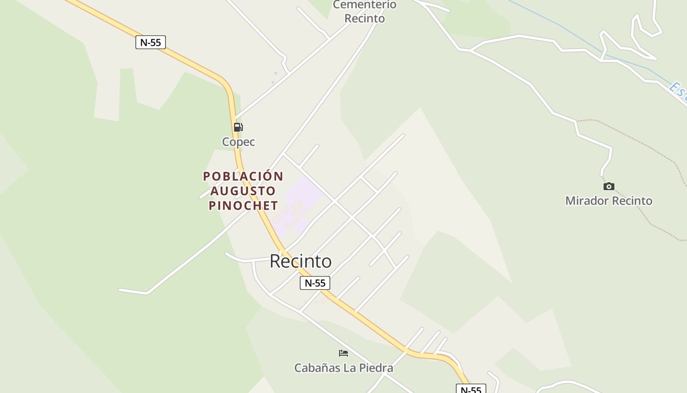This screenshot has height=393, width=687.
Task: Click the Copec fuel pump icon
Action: (x=238, y=127)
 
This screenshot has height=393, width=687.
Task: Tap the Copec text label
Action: (x=238, y=142)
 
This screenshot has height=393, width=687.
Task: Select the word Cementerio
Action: (x=365, y=5)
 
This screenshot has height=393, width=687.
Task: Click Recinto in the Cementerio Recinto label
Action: (x=365, y=19)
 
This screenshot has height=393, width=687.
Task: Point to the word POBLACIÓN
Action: (x=243, y=176)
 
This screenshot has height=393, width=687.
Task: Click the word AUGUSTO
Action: (x=243, y=191)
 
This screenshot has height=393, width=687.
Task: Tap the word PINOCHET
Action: (x=243, y=205)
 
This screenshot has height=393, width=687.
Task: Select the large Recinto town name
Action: (x=300, y=261)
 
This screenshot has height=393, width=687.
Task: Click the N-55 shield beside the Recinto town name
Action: (x=315, y=283)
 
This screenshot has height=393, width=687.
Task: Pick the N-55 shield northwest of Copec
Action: (x=151, y=42)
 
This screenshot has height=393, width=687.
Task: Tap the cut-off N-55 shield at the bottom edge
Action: (x=471, y=390)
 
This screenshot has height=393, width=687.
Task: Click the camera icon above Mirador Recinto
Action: (x=609, y=186)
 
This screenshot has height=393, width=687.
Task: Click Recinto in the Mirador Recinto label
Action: (x=633, y=200)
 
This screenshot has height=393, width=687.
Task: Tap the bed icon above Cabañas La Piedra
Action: (x=343, y=353)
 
